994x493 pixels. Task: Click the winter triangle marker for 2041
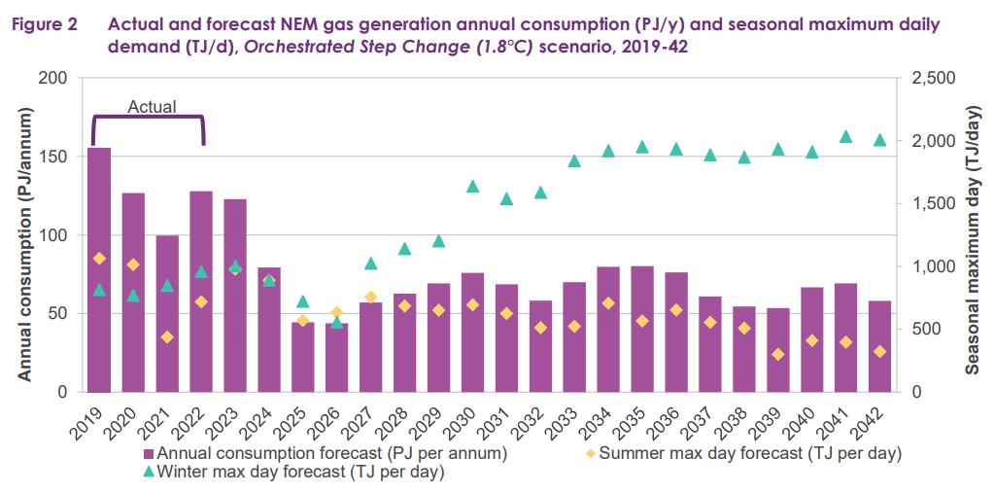[845, 137]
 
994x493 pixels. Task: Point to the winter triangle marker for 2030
[472, 187]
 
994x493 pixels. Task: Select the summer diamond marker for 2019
[99, 258]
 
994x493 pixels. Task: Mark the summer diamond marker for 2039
[777, 354]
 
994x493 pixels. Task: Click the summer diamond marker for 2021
[167, 336]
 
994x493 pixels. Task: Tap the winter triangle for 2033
[574, 161]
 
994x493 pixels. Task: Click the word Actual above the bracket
[153, 107]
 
